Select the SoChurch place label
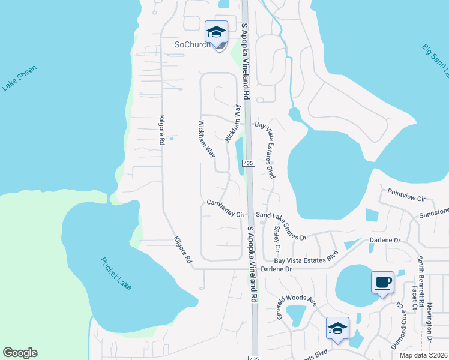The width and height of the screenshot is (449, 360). pyautogui.click(x=192, y=45)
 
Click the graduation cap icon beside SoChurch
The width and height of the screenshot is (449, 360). pyautogui.click(x=215, y=32)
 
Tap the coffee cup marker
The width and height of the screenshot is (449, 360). pyautogui.click(x=382, y=281)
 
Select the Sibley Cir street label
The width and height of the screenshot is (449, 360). pyautogui.click(x=276, y=238)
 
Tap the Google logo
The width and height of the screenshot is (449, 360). pyautogui.click(x=20, y=353)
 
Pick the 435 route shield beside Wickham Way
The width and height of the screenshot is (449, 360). pyautogui.click(x=249, y=163)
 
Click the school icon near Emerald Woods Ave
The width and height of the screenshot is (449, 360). pyautogui.click(x=337, y=328)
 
